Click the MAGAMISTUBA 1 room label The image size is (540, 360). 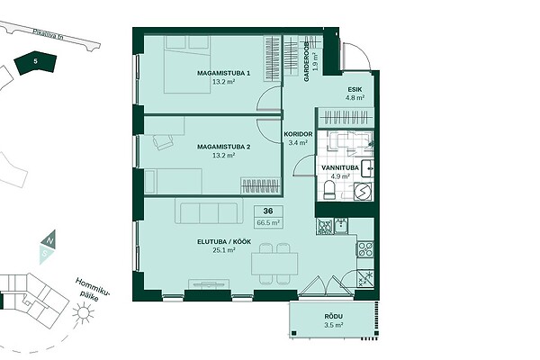[223, 73]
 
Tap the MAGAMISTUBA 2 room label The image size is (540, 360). [223, 147]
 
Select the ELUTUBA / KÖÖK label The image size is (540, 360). [224, 242]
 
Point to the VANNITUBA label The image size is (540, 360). [340, 167]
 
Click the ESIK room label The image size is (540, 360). [355, 90]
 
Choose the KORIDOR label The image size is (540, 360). [298, 134]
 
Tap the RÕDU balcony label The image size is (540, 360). [333, 317]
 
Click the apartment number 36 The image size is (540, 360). [268, 211]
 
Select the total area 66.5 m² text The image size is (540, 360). [268, 222]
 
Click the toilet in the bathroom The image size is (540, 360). [329, 190]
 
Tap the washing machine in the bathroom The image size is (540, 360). [363, 191]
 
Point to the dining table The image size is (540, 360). [274, 264]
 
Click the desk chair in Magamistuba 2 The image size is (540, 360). [163, 141]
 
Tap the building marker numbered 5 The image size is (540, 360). [35, 63]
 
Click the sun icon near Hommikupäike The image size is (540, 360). [83, 312]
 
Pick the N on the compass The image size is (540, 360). [49, 241]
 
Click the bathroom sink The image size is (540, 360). [367, 168]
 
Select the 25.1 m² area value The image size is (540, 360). [224, 250]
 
